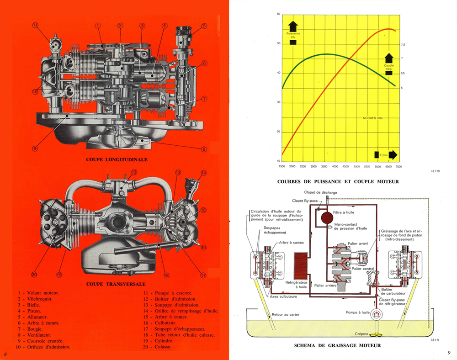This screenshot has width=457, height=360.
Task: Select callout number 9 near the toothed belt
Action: pyautogui.click(x=34, y=148)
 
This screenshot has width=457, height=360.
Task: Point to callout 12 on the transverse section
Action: pyautogui.click(x=134, y=173)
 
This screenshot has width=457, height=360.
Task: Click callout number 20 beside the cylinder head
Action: pyautogui.click(x=34, y=275)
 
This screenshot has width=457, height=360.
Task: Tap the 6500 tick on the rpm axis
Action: pyautogui.click(x=388, y=166)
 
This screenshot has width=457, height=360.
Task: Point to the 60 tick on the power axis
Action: pyautogui.click(x=278, y=14)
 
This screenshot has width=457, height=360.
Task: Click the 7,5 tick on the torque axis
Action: pyautogui.click(x=403, y=44)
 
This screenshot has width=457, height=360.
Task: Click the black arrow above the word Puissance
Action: pyautogui.click(x=293, y=26)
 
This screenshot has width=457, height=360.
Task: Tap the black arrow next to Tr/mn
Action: pyautogui.click(x=392, y=155)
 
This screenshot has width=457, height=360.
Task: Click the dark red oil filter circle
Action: pyautogui.click(x=326, y=217)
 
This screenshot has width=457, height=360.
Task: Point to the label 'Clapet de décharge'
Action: pyautogui.click(x=320, y=192)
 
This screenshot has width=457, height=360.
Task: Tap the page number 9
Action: pyautogui.click(x=449, y=352)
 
